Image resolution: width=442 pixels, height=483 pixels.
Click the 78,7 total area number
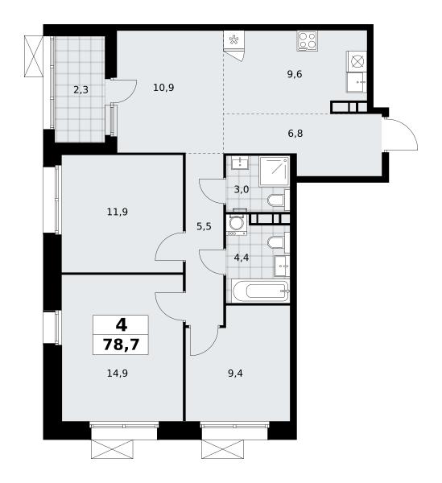tap(121, 345)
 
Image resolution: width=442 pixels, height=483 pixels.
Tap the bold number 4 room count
tap(122, 324)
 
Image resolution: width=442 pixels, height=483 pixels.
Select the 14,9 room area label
tap(118, 374)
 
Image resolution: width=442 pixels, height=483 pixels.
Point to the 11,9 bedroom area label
tap(118, 212)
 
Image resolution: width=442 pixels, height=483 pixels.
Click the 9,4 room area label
tap(235, 374)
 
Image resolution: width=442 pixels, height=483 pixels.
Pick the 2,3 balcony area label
tap(81, 90)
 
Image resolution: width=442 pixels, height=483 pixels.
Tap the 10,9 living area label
tap(163, 88)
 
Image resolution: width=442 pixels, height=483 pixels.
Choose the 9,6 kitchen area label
tap(295, 74)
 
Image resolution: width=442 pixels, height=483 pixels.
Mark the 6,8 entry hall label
tap(295, 134)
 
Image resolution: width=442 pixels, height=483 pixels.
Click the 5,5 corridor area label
tap(204, 227)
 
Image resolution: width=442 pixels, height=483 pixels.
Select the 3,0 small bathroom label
tap(242, 189)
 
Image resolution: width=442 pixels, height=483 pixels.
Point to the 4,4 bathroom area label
tap(242, 258)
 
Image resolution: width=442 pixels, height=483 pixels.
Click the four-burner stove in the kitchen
tap(308, 41)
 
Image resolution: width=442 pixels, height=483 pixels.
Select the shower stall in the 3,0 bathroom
tap(274, 171)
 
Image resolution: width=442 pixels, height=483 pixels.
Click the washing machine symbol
tap(237, 225)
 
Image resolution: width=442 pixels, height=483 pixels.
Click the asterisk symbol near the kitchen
tap(233, 39)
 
